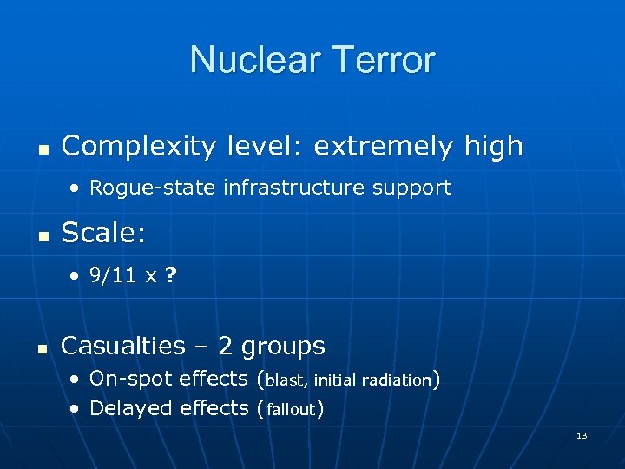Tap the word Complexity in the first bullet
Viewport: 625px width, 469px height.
point(138,147)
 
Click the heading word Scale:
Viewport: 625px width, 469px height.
point(97,233)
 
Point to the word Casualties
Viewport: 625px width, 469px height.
point(123,346)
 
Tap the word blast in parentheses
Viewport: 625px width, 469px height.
point(286,380)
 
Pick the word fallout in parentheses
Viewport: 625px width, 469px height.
point(291,409)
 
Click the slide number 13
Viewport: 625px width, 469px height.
point(582,435)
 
